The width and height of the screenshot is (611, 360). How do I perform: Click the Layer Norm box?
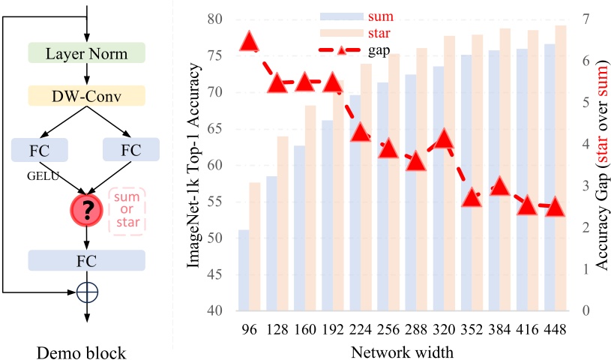(86, 54)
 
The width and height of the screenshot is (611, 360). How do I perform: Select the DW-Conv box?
(86, 96)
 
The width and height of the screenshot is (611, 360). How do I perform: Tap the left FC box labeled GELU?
(40, 149)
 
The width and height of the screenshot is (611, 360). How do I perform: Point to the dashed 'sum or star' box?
(127, 210)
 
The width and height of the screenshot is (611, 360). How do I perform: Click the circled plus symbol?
(87, 290)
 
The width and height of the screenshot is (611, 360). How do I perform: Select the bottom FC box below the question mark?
(86, 260)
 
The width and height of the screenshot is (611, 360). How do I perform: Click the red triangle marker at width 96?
(250, 42)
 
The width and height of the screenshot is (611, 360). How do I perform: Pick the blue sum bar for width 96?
(244, 270)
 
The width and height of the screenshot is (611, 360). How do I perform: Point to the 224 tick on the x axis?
(361, 329)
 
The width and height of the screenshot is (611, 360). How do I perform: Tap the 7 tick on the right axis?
(586, 19)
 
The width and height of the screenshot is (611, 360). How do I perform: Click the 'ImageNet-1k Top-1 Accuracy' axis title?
(196, 165)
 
